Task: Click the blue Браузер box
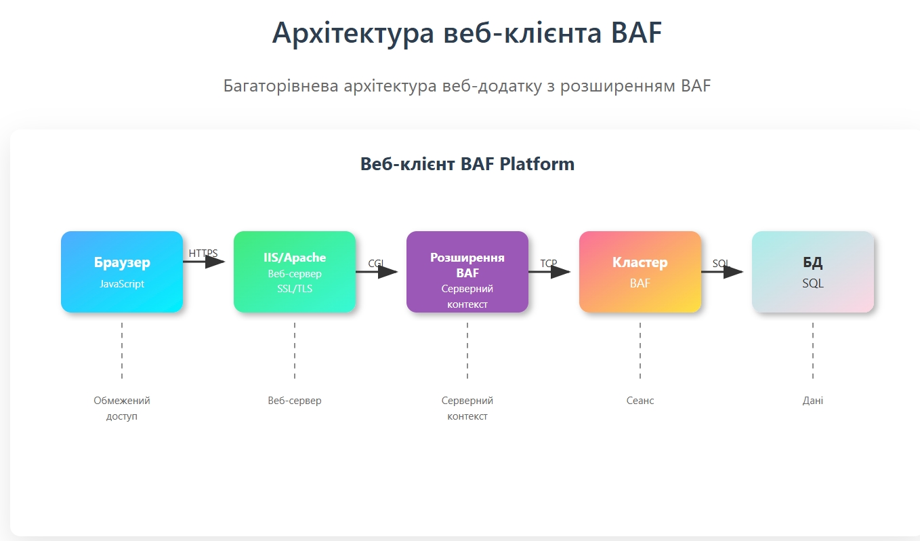122,272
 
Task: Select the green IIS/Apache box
295,272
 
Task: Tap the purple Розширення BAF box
467,272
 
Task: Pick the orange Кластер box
640,272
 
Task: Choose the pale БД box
813,272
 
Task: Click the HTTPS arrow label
203,254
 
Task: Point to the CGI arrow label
376,263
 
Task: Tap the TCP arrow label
549,263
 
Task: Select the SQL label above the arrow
721,263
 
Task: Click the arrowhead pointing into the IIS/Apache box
215,262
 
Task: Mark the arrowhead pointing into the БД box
733,272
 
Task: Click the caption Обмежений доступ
122,408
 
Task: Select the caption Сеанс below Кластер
640,401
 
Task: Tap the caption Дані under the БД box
813,401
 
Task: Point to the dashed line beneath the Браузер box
122,350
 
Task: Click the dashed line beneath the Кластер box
640,350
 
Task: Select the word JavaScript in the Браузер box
122,283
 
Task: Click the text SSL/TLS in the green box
295,289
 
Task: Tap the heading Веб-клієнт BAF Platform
467,163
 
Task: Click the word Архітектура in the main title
353,33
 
